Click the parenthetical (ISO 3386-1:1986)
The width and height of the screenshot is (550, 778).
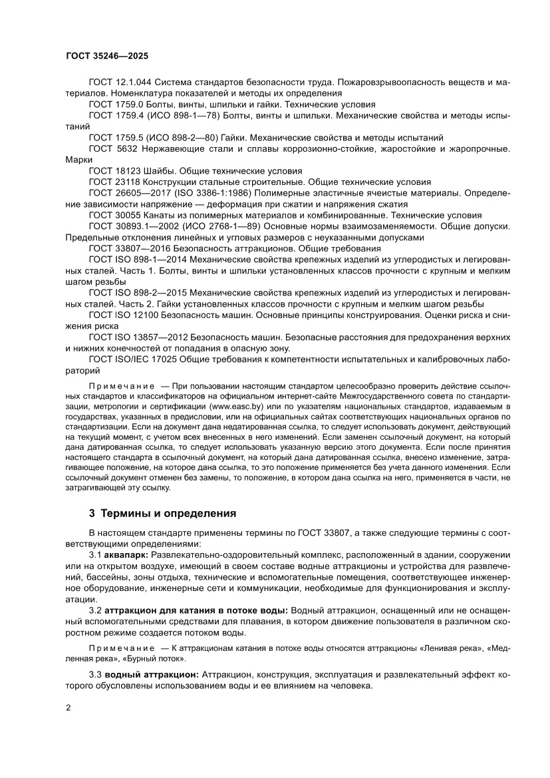coord(211,193)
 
